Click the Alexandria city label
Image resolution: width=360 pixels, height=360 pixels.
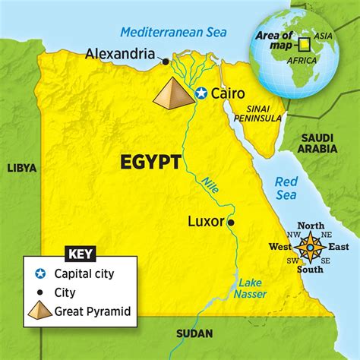click(x=121, y=54)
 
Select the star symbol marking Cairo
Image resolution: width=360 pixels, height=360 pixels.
click(x=201, y=93)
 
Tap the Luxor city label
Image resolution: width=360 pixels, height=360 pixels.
click(x=205, y=223)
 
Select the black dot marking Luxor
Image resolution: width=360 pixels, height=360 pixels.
click(x=232, y=223)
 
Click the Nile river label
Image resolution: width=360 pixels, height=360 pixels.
click(x=210, y=185)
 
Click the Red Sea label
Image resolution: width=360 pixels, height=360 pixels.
click(x=287, y=188)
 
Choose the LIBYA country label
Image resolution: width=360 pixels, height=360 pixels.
click(x=22, y=169)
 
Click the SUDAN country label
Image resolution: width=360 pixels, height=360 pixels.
click(x=194, y=333)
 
